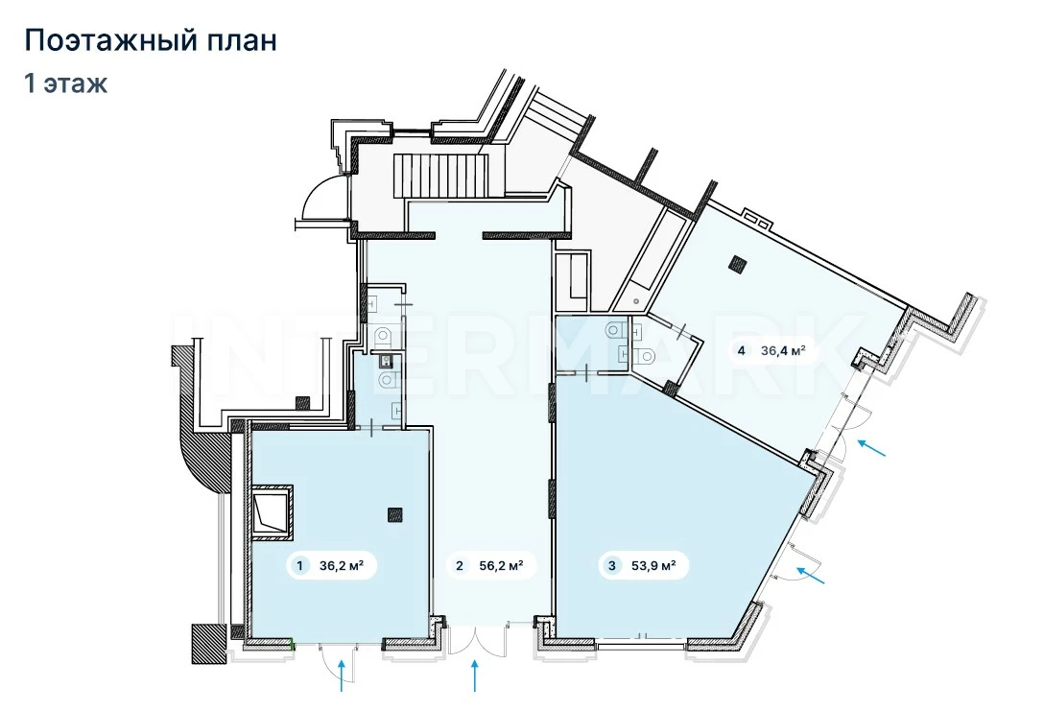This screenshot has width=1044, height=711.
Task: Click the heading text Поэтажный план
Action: (151, 40)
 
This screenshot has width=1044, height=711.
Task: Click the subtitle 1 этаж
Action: (66, 83)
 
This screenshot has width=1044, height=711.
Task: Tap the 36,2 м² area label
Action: (341, 566)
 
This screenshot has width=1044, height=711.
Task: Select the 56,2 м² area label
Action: (501, 566)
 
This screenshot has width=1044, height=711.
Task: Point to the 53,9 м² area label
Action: (653, 566)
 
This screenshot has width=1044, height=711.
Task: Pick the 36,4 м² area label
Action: (784, 350)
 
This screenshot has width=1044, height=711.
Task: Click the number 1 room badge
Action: (299, 566)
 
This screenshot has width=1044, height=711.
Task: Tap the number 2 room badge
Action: (460, 566)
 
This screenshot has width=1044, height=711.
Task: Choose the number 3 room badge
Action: (612, 566)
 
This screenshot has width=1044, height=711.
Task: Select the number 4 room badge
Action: (742, 350)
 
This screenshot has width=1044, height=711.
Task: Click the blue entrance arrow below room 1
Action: (342, 675)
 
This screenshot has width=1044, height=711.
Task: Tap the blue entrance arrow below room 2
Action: (475, 675)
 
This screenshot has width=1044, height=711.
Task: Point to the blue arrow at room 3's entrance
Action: (811, 576)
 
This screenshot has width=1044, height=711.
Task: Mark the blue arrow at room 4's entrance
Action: (872, 447)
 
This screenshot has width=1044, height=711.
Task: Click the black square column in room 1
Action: (395, 514)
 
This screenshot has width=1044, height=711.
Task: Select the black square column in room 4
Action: (738, 264)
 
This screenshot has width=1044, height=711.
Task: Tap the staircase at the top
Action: (440, 175)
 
